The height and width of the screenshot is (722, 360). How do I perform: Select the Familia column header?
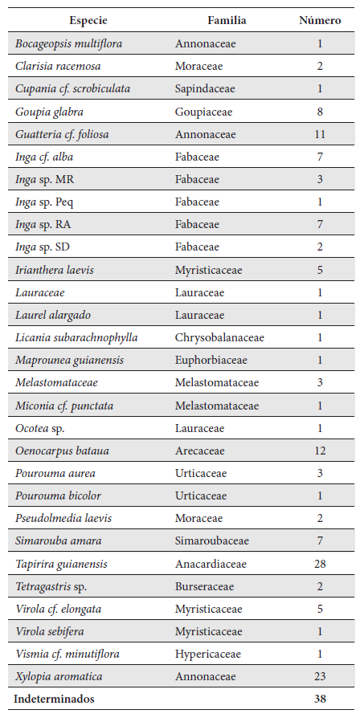point(227,20)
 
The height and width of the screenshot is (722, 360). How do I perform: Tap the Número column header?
point(319,20)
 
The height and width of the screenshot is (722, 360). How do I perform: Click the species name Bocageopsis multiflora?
point(68,43)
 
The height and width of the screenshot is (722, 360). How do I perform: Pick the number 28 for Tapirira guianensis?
point(320,564)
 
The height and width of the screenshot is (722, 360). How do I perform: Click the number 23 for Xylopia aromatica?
point(320,677)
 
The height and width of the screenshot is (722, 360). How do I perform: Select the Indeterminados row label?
point(54,699)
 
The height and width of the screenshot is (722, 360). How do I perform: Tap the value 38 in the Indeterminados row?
point(320,699)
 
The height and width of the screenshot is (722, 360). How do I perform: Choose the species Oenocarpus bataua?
point(62,451)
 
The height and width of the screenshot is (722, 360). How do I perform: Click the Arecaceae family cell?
point(200,451)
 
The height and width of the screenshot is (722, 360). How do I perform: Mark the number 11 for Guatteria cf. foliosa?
point(320,134)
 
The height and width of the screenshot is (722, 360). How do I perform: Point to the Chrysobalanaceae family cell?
point(219,337)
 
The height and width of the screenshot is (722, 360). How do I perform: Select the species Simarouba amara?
point(58,541)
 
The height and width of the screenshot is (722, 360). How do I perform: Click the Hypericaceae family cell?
point(207,655)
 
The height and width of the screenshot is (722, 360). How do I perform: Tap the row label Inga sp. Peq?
point(44,202)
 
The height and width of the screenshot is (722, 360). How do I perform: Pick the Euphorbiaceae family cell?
point(211,361)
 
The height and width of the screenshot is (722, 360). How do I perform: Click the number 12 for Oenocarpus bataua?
point(320,451)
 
